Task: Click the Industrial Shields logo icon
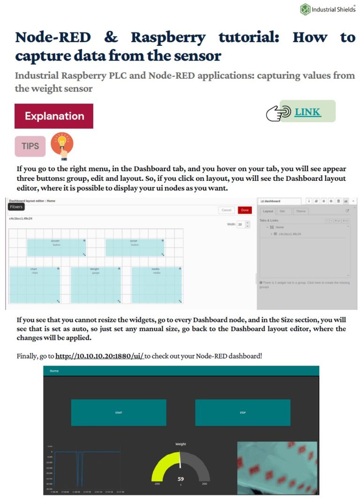(x=305, y=9)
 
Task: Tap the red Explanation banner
(x=54, y=116)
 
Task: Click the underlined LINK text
(x=307, y=112)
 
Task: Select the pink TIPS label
(x=30, y=146)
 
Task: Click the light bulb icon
(x=62, y=146)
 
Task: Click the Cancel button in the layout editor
(x=226, y=210)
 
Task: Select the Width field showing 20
(x=240, y=225)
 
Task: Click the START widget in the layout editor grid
(x=56, y=247)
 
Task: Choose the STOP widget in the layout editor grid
(x=135, y=247)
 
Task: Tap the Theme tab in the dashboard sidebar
(x=300, y=211)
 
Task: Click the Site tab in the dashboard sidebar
(x=282, y=211)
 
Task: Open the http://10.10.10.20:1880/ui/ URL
(x=99, y=356)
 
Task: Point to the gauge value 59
(x=180, y=479)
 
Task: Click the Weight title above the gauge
(x=180, y=444)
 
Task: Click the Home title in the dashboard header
(x=54, y=371)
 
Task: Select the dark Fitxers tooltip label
(x=16, y=207)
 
